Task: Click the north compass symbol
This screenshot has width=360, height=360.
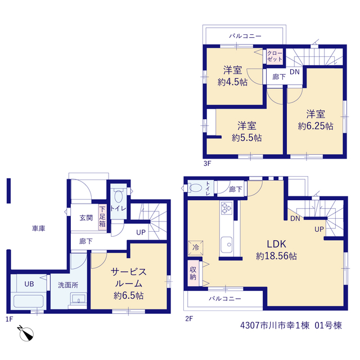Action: (26, 333)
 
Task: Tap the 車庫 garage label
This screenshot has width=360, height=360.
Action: (39, 228)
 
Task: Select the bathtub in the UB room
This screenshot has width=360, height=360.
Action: (29, 301)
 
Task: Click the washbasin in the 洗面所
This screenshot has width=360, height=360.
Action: (78, 299)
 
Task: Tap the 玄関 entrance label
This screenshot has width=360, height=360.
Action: (86, 218)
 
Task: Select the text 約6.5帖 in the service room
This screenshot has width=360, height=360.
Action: (129, 295)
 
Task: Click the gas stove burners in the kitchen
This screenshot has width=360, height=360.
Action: (226, 208)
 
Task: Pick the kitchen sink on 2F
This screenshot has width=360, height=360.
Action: (226, 245)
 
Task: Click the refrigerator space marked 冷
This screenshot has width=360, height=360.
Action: (196, 247)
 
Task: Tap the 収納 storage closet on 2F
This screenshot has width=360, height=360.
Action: (193, 273)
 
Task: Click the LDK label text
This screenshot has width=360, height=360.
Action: (276, 244)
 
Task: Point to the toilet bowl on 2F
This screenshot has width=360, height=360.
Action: (195, 188)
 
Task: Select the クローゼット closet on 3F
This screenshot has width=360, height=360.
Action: (274, 56)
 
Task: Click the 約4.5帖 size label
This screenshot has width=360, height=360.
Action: (232, 82)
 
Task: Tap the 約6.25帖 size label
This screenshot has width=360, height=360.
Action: (316, 126)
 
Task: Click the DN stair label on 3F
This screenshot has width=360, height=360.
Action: (295, 72)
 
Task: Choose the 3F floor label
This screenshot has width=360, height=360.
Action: (207, 164)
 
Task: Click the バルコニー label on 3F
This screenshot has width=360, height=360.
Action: (245, 36)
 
